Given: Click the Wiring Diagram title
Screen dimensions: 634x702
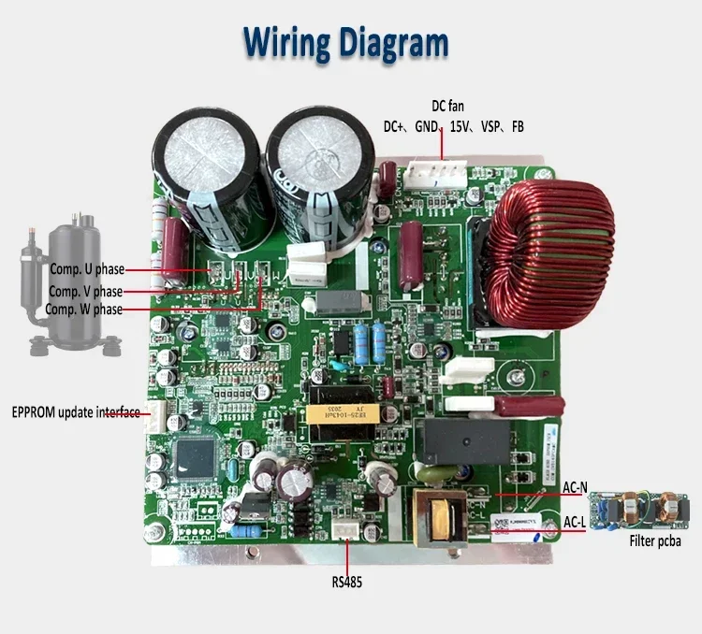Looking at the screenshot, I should tap(346, 42).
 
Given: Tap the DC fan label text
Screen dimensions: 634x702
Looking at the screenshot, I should tap(447, 107).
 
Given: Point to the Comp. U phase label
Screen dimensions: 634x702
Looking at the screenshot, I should tap(87, 270).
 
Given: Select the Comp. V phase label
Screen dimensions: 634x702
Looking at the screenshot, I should tap(85, 291).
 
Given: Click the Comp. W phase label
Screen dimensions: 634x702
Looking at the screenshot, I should tap(83, 309).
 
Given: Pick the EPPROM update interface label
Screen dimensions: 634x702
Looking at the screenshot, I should tap(75, 412).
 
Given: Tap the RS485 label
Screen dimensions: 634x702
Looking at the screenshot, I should tap(345, 582).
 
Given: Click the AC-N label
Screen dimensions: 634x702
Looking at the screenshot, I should tap(575, 487).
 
